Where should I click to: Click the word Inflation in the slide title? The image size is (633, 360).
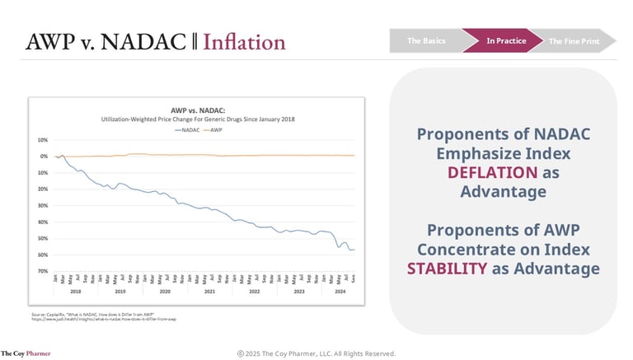244,41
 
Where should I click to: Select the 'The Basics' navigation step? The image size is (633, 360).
426,40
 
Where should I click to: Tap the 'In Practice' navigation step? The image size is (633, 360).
505,40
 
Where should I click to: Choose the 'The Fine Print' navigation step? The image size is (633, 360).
575,40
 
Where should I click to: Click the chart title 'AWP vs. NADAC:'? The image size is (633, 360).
198,110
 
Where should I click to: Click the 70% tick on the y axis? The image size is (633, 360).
43,271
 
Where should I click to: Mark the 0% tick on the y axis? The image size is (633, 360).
45,156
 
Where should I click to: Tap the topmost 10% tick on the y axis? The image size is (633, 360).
43,139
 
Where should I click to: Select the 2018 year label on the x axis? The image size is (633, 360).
76,292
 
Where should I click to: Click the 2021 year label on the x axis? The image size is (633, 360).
209,292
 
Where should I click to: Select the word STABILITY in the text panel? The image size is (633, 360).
446,269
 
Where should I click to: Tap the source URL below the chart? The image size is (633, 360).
104,319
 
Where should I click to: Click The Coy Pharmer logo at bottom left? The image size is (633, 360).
26,353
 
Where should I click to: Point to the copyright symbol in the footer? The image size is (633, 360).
241,353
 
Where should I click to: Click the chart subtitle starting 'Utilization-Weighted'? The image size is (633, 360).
198,119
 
